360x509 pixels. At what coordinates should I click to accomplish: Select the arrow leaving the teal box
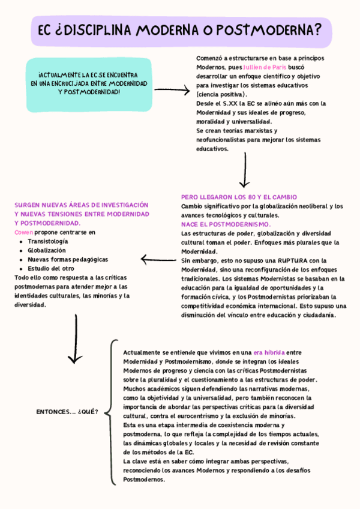172,90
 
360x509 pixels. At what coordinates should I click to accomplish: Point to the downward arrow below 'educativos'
244,170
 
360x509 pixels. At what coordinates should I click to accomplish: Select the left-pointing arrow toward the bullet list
158,259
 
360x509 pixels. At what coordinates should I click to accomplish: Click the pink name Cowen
23,232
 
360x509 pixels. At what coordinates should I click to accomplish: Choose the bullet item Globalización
47,250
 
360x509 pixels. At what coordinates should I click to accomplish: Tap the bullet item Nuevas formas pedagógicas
68,259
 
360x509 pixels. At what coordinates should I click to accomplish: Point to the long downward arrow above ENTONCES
76,339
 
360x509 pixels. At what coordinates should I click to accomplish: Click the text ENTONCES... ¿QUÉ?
67,412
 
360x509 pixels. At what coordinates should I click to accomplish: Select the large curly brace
113,412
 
